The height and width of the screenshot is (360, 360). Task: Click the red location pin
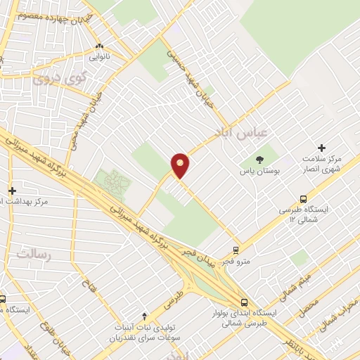tap(180, 165)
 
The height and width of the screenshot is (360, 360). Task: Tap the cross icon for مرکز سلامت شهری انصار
tap(321, 148)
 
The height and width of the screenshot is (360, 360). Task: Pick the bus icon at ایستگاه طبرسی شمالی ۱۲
tap(303, 199)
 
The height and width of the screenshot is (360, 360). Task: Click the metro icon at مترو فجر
tap(236, 250)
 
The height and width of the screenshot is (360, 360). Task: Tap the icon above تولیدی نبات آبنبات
tap(145, 316)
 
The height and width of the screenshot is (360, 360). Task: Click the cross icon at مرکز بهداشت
tap(12, 191)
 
